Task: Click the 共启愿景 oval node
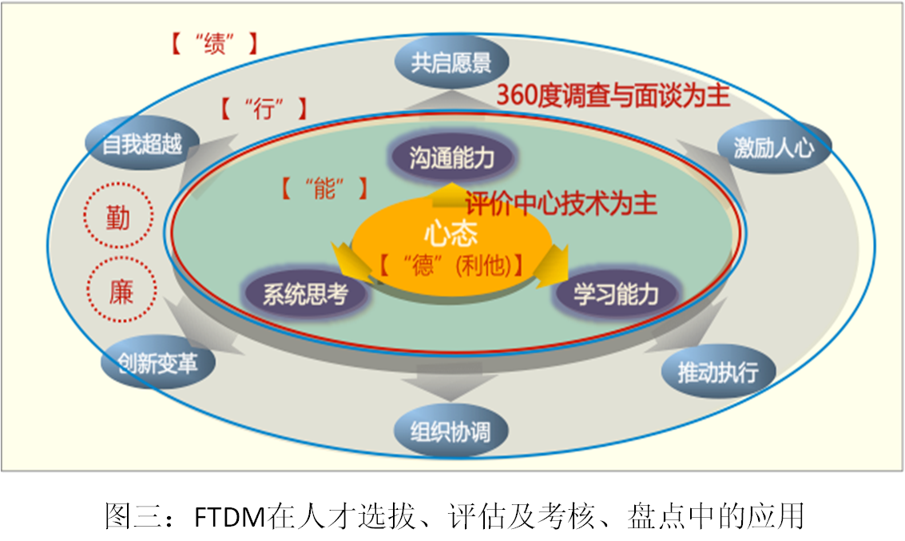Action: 451,62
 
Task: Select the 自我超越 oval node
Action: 142,143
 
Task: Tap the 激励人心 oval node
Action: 775,148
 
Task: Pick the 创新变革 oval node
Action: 158,363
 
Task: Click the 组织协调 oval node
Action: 451,431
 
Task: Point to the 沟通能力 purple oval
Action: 452,157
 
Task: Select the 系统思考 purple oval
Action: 306,293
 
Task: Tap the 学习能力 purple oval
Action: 617,294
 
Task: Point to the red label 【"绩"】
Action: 214,43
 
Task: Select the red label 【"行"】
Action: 263,108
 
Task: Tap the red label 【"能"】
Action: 324,189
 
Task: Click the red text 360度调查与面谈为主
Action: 613,94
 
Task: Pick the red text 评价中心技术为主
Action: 561,203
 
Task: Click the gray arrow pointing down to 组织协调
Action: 451,382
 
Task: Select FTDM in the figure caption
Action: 229,516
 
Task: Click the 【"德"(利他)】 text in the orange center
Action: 451,265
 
